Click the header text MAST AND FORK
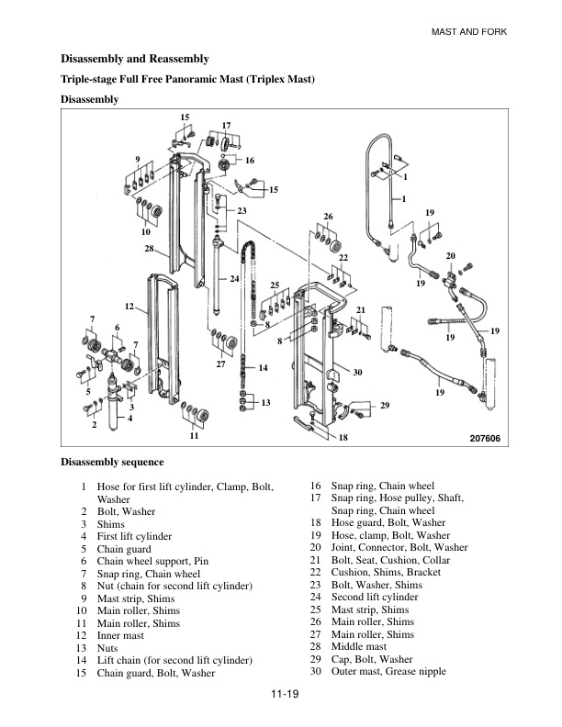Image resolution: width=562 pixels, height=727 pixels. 469,32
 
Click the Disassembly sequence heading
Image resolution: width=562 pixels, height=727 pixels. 112,462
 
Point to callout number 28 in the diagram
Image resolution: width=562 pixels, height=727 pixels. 149,249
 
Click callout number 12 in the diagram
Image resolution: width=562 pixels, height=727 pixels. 129,305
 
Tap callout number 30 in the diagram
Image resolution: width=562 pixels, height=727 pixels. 358,372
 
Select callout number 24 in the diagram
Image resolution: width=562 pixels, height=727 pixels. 235,278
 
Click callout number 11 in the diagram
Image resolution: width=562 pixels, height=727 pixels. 194,436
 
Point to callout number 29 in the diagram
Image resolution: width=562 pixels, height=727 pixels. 385,405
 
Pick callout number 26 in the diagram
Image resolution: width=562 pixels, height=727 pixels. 328,216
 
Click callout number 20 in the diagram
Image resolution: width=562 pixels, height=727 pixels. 451,254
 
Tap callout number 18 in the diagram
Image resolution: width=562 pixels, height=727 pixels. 342,439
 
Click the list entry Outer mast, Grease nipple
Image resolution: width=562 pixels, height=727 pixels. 388,671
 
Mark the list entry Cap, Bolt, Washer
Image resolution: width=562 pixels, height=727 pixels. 372,659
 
